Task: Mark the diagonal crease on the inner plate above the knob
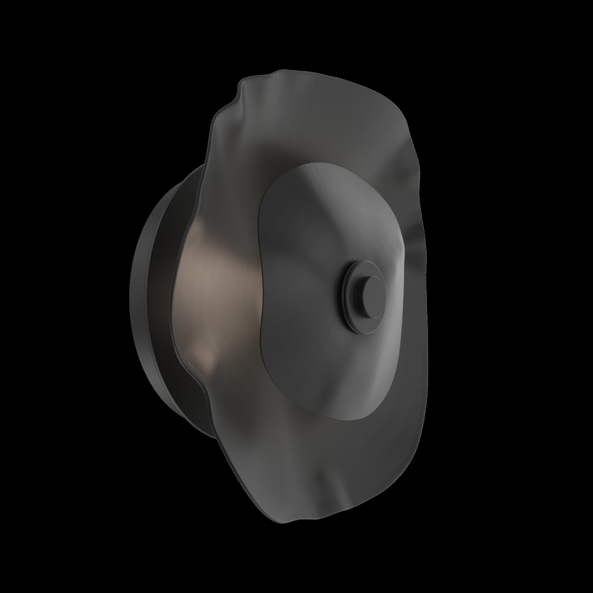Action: point(332,213)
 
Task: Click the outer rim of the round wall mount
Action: point(135,296)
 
